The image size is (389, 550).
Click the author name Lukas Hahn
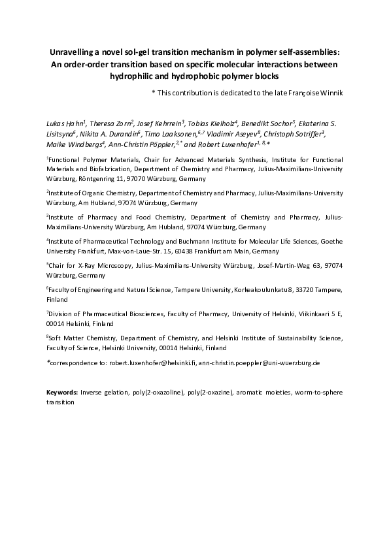[x=65, y=122]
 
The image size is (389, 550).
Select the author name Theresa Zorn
[x=110, y=122]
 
